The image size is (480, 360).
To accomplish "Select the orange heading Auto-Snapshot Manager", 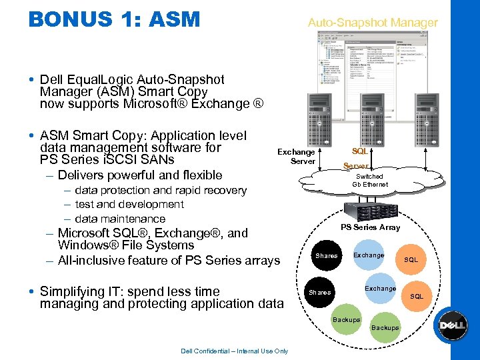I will [373, 23].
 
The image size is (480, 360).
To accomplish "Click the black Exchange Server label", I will [296, 157].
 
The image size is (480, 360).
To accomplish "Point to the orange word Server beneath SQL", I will [355, 166].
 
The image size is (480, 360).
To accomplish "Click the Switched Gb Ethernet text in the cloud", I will [369, 180].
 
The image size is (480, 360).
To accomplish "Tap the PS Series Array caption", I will [370, 227].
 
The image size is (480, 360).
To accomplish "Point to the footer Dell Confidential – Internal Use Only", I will [234, 351].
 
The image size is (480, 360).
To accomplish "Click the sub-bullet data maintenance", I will [120, 219].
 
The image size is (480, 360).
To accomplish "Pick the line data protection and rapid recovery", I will [161, 191].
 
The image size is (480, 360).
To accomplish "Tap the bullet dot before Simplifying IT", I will [33, 291].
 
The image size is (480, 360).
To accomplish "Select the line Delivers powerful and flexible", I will [140, 175].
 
